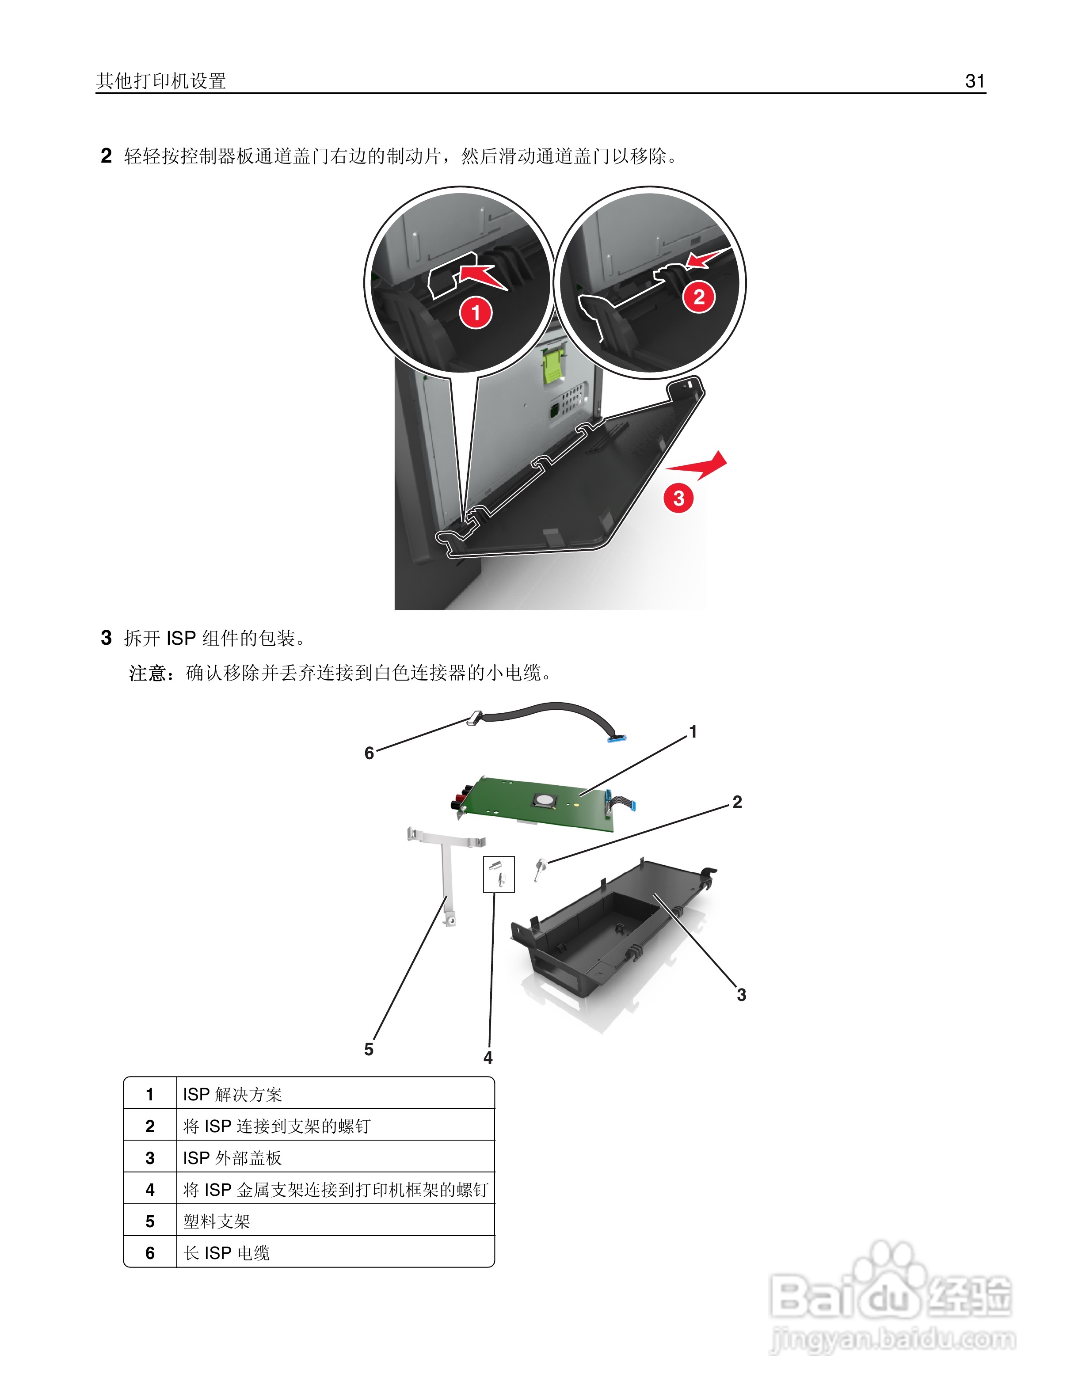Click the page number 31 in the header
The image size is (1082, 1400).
click(974, 81)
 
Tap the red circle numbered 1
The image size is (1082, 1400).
click(476, 312)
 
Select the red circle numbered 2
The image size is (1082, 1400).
click(699, 297)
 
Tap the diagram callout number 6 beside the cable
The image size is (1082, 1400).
click(369, 753)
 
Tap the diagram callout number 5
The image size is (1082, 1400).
click(369, 1050)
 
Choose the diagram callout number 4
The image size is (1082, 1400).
click(488, 1058)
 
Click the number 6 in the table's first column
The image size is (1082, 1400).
click(150, 1253)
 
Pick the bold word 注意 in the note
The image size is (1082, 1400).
click(148, 673)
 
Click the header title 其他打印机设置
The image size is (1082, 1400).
click(161, 81)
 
